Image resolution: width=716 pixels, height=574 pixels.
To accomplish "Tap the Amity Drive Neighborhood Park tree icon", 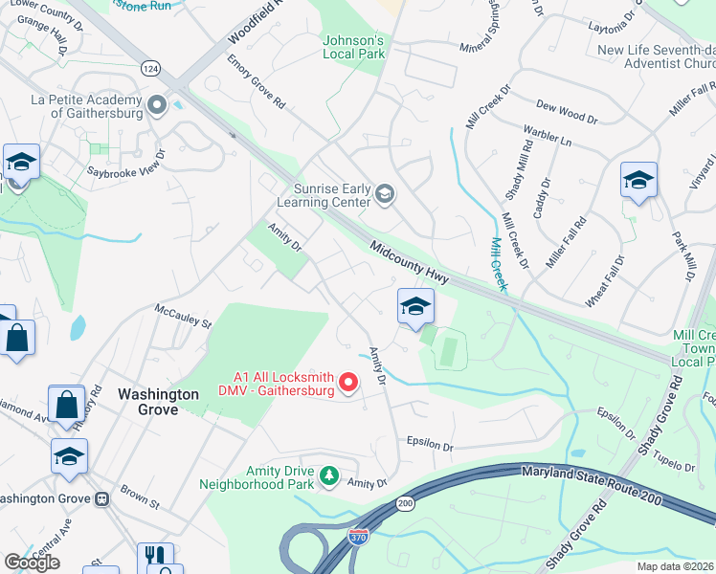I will [x=329, y=475].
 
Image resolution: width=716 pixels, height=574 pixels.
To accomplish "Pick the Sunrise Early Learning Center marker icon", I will [x=384, y=194].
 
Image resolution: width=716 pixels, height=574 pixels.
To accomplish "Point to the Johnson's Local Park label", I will [x=353, y=48].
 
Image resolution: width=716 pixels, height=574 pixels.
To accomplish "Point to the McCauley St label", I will [x=183, y=317].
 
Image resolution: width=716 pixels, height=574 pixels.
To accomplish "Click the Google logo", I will [x=32, y=563].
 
